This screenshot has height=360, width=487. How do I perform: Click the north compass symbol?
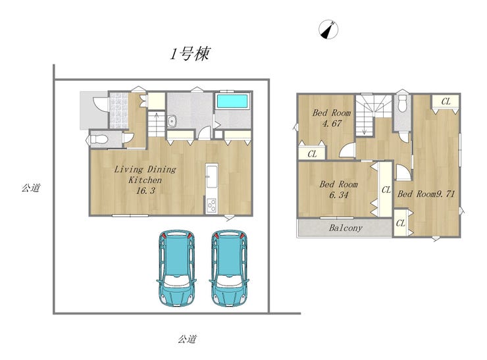pos(328,30)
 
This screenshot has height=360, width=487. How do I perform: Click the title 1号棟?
pos(190,54)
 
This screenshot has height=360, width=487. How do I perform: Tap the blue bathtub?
pos(232,101)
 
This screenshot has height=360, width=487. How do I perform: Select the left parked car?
pos(176,268)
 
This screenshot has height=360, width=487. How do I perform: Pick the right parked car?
pos(229,268)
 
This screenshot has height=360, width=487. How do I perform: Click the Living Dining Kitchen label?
pos(145,174)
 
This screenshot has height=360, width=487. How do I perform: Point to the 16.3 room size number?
pos(145,191)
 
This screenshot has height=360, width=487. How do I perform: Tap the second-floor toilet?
pos(402,103)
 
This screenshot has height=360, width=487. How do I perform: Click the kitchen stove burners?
pos(211,205)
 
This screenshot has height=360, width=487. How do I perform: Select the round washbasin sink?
pos(172,121)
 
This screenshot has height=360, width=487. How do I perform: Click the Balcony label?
pos(346,228)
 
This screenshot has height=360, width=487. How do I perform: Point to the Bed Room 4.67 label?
pos(332,118)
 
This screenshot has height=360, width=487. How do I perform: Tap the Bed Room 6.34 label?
pos(338,189)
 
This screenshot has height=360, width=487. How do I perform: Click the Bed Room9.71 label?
pos(426,194)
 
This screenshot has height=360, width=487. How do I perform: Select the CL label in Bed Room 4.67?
pos(312,154)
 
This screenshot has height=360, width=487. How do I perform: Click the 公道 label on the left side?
pos(30,188)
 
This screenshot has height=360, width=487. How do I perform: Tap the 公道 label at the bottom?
pos(187,339)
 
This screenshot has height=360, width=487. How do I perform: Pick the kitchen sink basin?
pos(212,177)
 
